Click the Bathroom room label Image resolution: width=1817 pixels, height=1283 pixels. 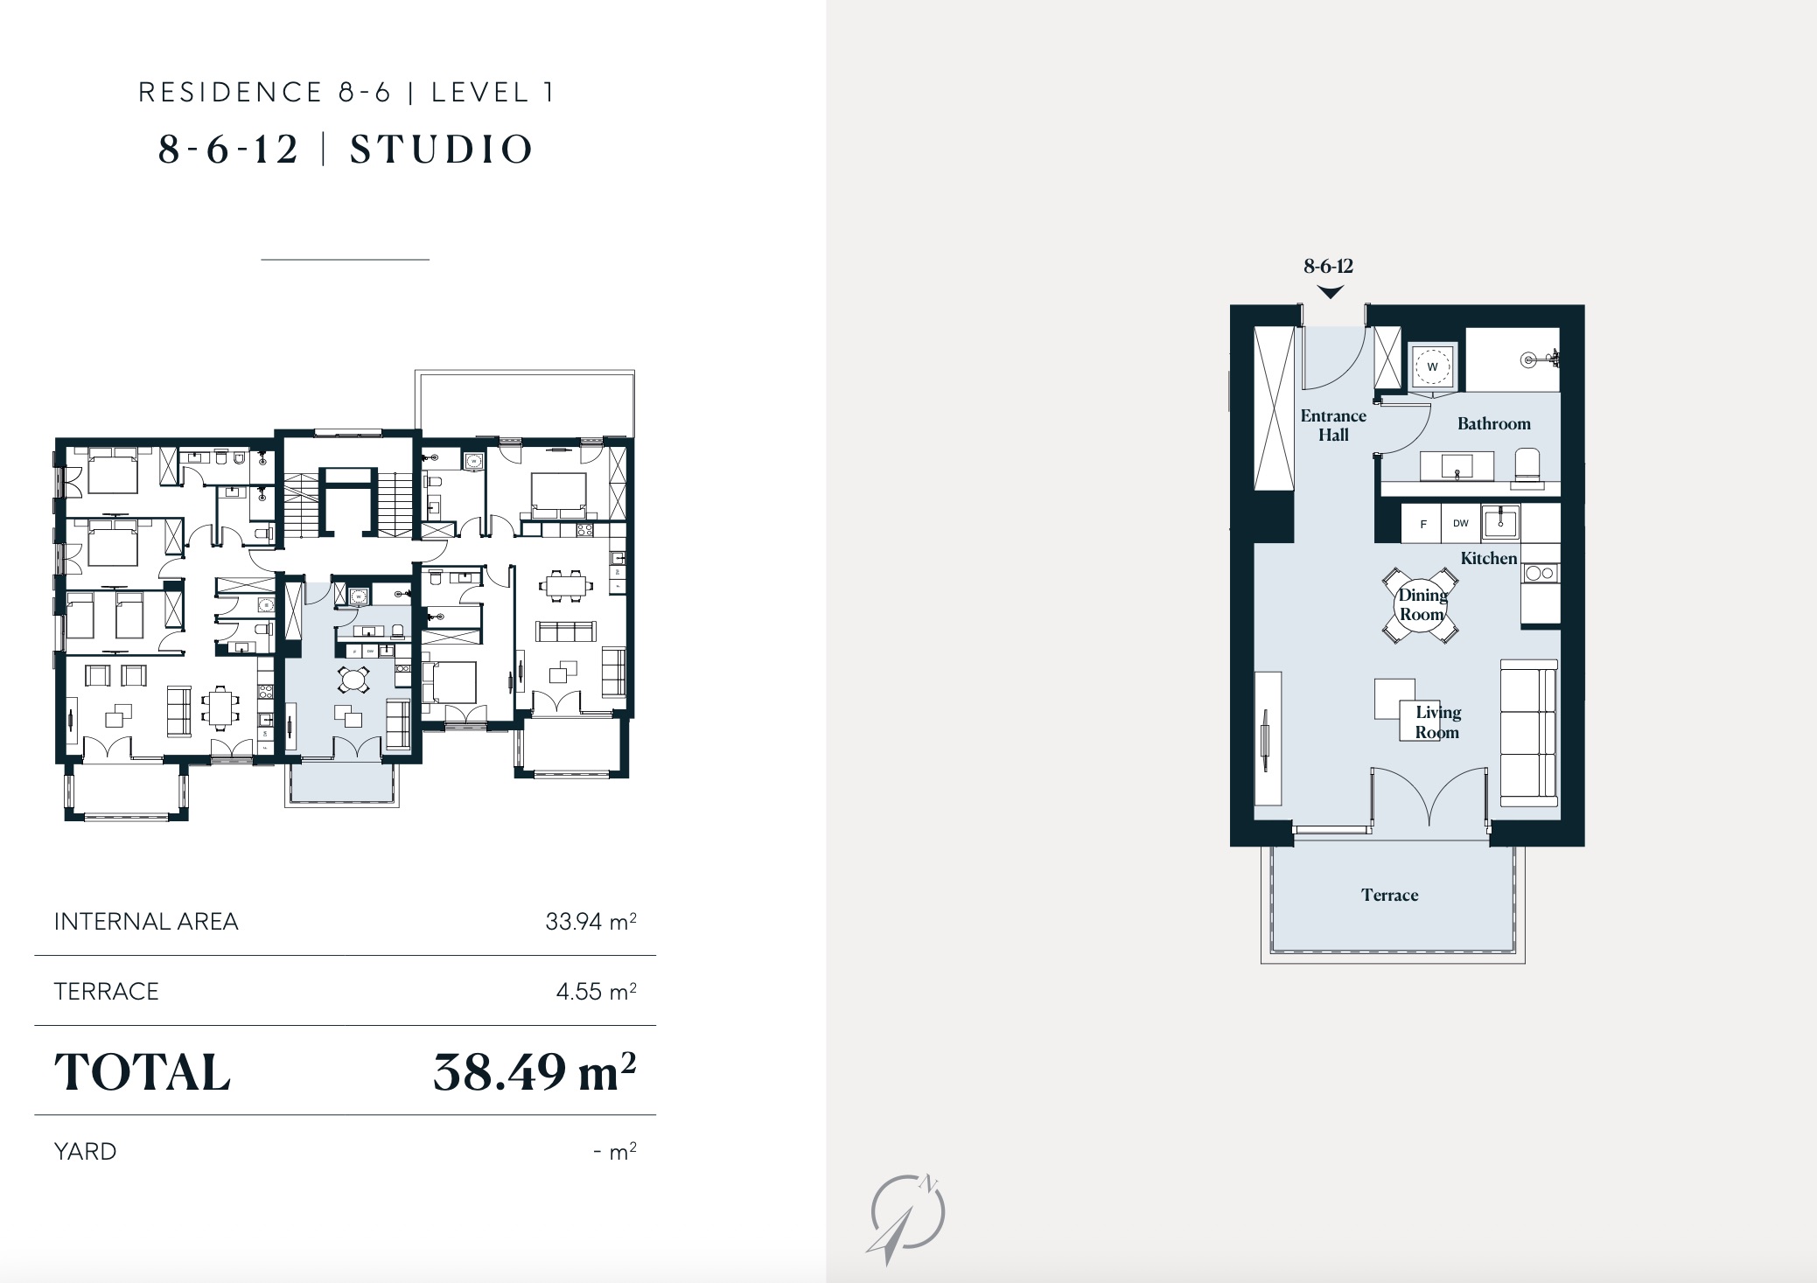pyautogui.click(x=1493, y=424)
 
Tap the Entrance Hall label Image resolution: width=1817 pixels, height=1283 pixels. pyautogui.click(x=1333, y=425)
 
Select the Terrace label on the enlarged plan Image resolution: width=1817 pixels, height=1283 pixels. pyautogui.click(x=1389, y=895)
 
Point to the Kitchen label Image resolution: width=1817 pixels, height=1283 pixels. pyautogui.click(x=1488, y=558)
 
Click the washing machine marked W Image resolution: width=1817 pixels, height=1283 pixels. pyautogui.click(x=1432, y=366)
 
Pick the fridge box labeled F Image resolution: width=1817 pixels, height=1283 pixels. pyautogui.click(x=1422, y=524)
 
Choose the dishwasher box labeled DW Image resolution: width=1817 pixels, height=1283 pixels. pyautogui.click(x=1461, y=524)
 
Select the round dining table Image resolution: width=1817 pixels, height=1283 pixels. pyautogui.click(x=1421, y=605)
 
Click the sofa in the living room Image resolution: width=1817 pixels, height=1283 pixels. pyautogui.click(x=1529, y=733)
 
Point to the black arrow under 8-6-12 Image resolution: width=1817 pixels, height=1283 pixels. pyautogui.click(x=1330, y=292)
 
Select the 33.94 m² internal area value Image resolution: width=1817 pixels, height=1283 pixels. pyautogui.click(x=591, y=921)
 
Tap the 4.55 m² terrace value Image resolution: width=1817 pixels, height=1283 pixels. pyautogui.click(x=596, y=991)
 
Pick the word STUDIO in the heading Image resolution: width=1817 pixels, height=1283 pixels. pyautogui.click(x=442, y=150)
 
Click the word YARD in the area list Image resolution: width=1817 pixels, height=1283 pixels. pyautogui.click(x=85, y=1151)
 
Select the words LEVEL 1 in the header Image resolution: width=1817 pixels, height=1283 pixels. pyautogui.click(x=493, y=93)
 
